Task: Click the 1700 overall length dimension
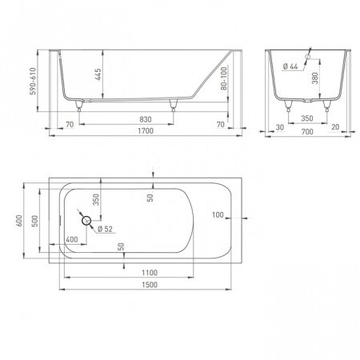click(x=146, y=131)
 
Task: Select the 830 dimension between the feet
click(x=146, y=119)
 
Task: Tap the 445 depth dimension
click(x=98, y=74)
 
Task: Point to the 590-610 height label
click(x=33, y=81)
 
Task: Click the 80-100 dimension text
click(x=224, y=78)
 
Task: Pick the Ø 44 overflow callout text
click(x=290, y=66)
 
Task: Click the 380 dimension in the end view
click(x=315, y=78)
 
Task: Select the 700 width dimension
click(x=307, y=131)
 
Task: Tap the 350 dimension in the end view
click(x=307, y=118)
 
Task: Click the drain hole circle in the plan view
click(x=86, y=221)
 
